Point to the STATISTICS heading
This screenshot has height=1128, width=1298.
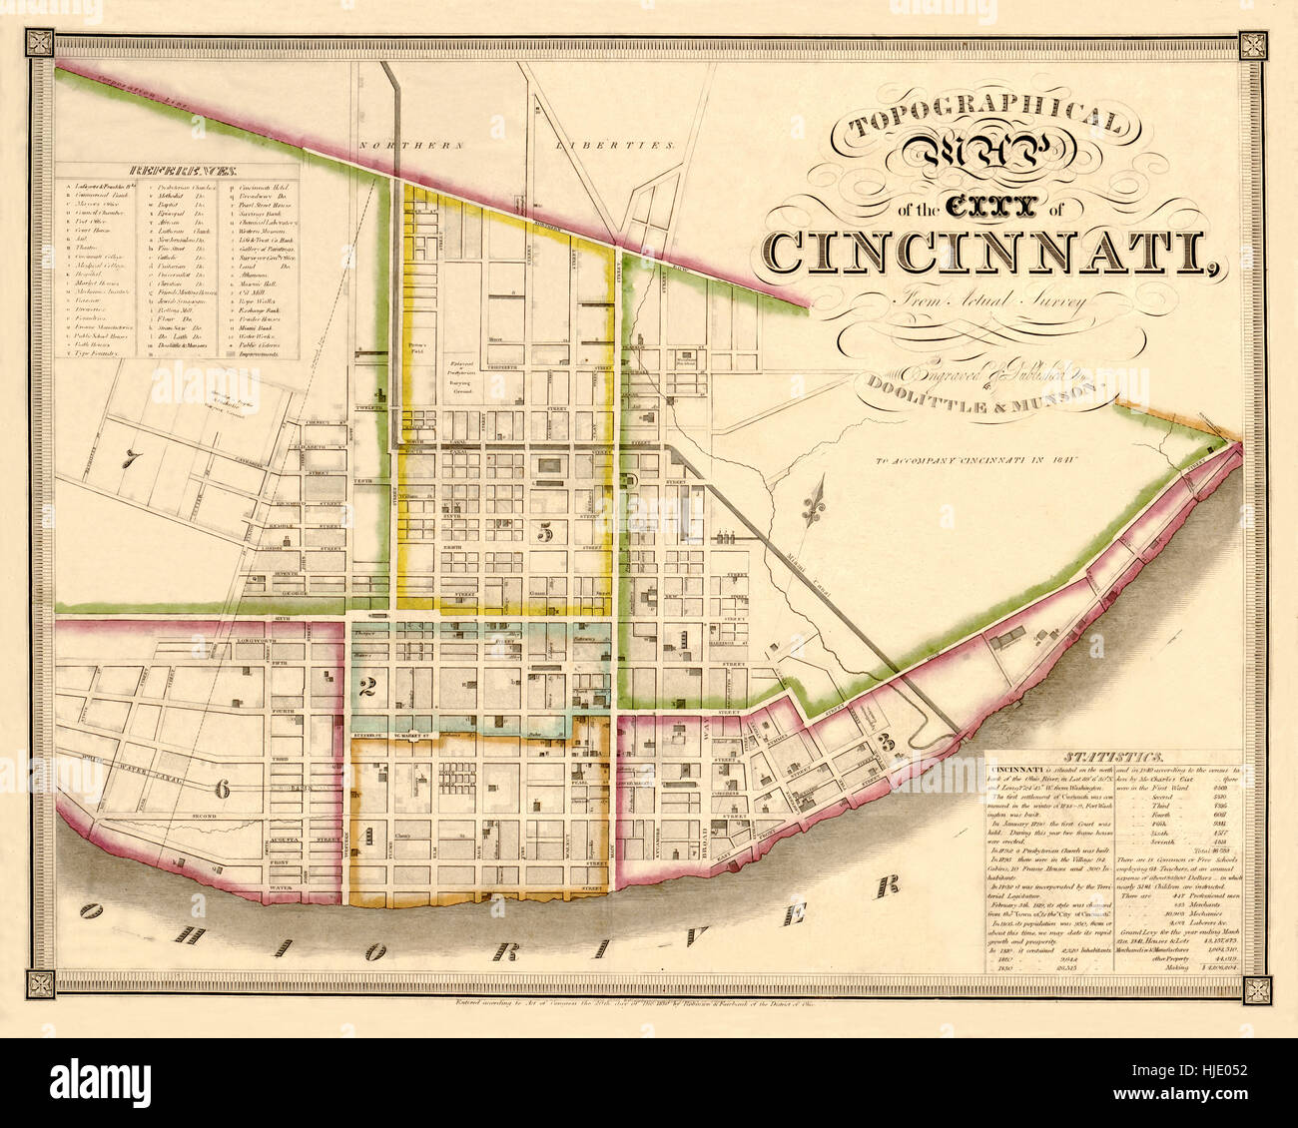point(1113,759)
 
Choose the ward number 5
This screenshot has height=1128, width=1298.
point(545,533)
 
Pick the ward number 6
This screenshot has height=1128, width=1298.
point(222,790)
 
